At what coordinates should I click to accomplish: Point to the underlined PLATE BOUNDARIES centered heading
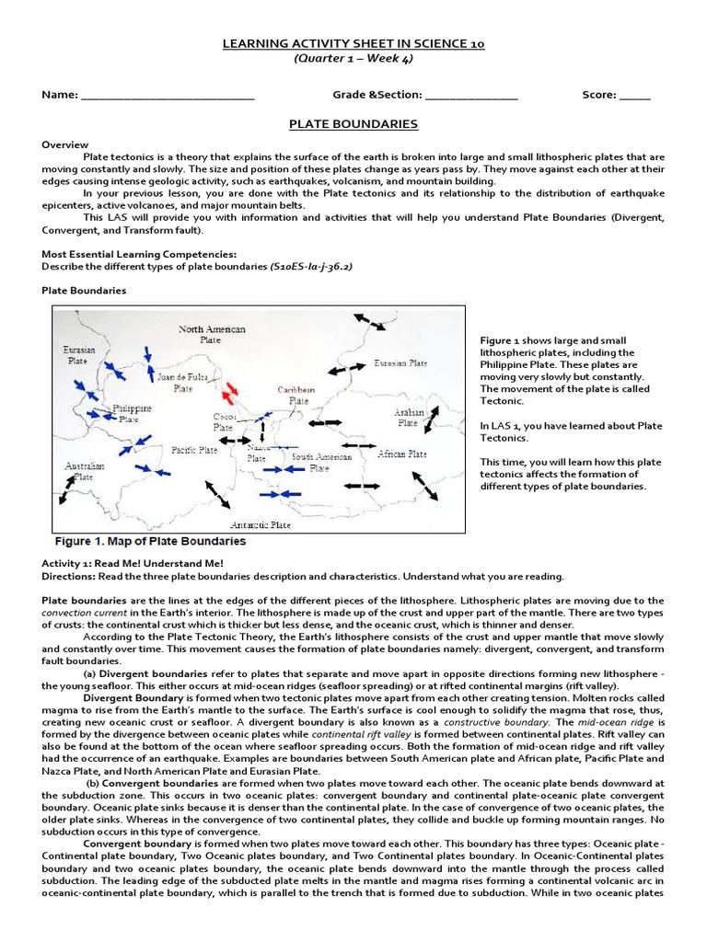(354, 124)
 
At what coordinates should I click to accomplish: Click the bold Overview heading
(65, 145)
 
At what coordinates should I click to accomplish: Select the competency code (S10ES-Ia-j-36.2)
(311, 266)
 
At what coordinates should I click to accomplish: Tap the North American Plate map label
(212, 334)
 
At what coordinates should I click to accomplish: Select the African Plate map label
(401, 454)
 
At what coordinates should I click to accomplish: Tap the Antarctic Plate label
(260, 525)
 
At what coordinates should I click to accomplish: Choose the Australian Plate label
(84, 472)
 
